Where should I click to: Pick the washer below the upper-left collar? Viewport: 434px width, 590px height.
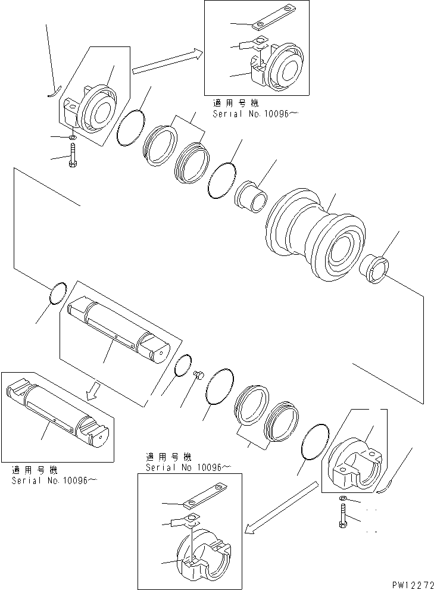tap(72, 138)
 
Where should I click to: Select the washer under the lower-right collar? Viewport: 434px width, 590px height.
tap(343, 498)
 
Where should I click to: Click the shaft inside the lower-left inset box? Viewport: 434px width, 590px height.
tap(60, 411)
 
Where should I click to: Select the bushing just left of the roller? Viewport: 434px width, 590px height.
tap(251, 198)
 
